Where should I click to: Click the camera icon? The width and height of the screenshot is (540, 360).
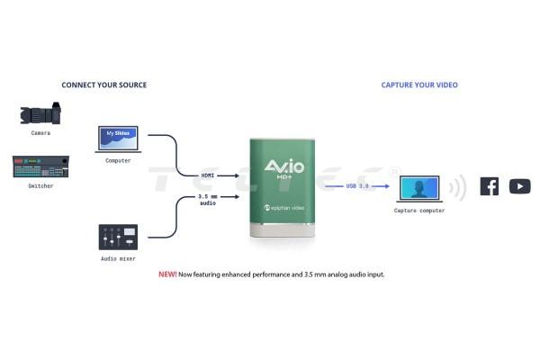tap(40, 114)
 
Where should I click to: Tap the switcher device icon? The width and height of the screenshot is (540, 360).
tap(40, 168)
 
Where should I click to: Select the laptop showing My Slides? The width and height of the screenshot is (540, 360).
tap(118, 141)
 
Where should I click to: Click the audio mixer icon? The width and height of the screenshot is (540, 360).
tap(118, 238)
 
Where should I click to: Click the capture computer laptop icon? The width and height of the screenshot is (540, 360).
tap(419, 189)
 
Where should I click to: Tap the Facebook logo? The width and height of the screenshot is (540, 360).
tap(489, 186)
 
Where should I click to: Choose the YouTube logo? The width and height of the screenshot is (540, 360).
tap(519, 186)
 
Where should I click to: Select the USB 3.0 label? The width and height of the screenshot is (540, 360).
tap(357, 186)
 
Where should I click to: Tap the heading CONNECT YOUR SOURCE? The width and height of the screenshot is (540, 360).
tap(103, 85)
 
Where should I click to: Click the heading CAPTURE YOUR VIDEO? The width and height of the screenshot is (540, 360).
tap(419, 85)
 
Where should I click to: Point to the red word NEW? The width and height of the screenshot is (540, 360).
tap(167, 274)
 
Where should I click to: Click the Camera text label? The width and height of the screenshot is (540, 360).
tap(40, 133)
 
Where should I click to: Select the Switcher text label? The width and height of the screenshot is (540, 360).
tap(40, 186)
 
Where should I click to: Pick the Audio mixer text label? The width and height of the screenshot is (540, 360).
tap(118, 258)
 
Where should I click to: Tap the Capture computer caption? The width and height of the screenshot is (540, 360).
tap(419, 211)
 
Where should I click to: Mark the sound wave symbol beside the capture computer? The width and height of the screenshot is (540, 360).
tap(457, 187)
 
